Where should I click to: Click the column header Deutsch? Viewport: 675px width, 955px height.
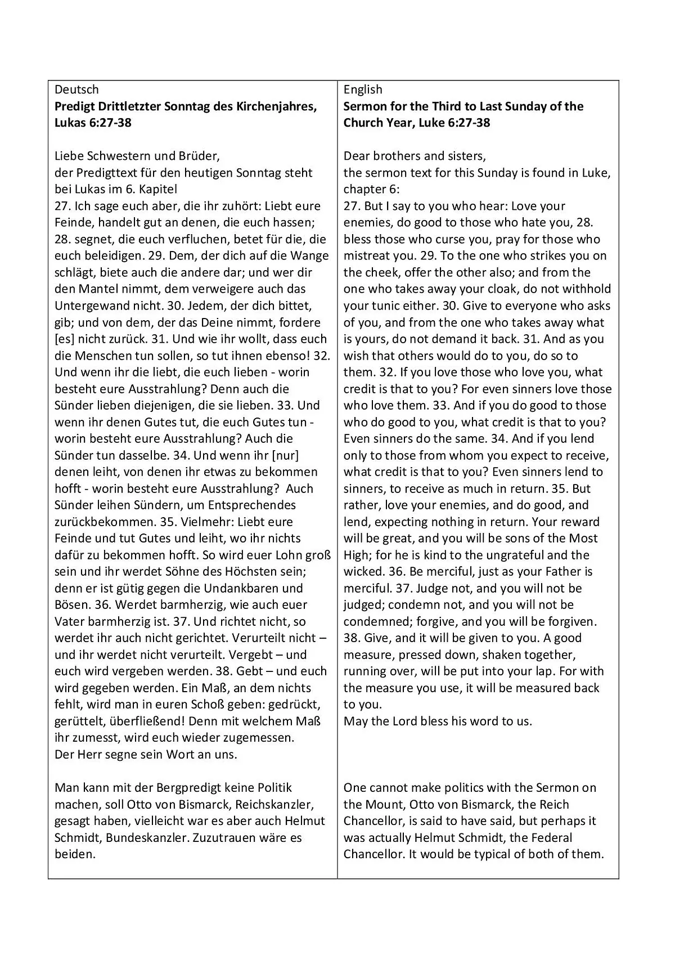(76, 89)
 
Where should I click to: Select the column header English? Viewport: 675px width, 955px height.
(363, 89)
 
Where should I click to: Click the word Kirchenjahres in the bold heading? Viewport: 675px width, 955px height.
(275, 106)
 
